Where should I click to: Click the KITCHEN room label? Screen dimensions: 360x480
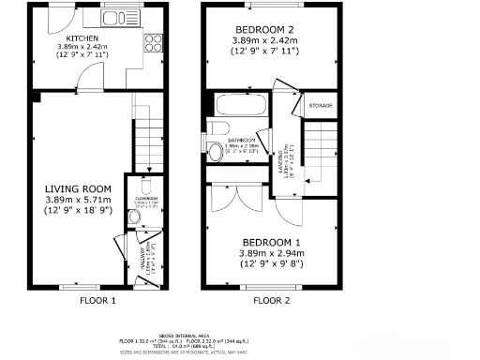tap(79, 38)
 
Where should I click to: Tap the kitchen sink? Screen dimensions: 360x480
tap(118, 18)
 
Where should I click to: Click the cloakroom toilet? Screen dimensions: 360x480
tap(136, 217)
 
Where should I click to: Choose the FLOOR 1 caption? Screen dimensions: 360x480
tap(97, 301)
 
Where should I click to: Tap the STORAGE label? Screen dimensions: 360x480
tap(321, 106)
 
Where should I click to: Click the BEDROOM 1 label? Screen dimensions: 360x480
tap(265, 241)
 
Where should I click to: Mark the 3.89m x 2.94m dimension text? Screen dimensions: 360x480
tap(265, 252)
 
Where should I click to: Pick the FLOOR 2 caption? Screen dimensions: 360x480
tap(272, 301)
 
